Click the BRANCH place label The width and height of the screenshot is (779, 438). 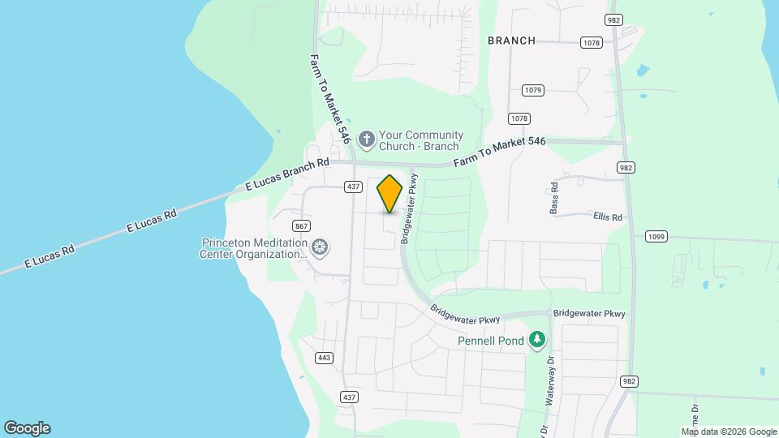511,41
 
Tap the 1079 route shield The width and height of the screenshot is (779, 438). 532,90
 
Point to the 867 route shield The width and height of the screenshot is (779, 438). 302,225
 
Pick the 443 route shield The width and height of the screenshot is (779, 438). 325,358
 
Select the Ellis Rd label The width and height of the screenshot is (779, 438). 607,217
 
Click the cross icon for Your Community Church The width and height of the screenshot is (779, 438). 367,140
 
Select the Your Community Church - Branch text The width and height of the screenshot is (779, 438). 422,141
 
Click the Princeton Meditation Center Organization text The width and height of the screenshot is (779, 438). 254,248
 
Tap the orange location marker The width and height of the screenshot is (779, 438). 390,193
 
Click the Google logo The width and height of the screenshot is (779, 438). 27,428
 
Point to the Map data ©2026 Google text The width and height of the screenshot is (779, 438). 728,432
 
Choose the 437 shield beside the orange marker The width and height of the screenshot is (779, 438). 352,187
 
